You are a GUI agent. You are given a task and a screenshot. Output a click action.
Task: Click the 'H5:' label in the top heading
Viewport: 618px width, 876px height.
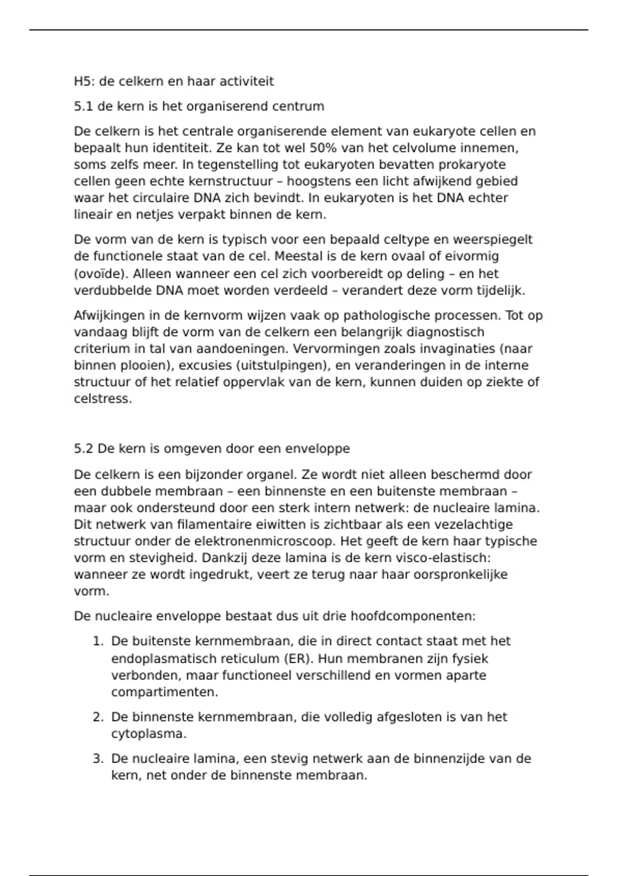click(84, 81)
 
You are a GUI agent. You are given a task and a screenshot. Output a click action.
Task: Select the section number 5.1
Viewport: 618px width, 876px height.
click(84, 107)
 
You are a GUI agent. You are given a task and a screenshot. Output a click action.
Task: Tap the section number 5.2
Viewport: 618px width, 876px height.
click(84, 449)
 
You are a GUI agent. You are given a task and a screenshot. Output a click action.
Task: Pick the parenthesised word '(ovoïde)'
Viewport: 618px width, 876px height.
click(101, 274)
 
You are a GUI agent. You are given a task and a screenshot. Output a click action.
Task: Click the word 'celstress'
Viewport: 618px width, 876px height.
click(102, 399)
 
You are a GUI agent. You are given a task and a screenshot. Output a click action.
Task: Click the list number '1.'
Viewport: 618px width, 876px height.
click(98, 642)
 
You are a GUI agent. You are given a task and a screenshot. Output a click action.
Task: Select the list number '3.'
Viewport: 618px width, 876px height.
click(98, 759)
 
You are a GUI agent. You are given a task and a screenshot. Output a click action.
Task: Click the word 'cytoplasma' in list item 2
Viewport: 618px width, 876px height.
click(147, 734)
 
